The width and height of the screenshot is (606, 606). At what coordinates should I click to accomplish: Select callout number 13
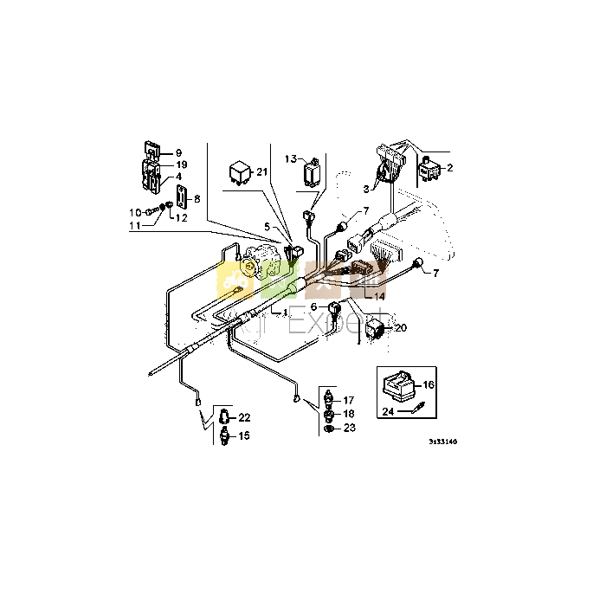(290, 158)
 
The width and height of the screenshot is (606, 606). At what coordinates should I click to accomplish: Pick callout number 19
(181, 164)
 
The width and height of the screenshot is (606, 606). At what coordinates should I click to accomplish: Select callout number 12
(180, 216)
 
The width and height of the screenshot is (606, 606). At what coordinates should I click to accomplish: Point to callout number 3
(366, 187)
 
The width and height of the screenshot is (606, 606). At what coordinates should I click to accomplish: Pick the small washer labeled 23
(329, 428)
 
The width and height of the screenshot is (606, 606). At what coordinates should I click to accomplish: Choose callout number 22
(244, 417)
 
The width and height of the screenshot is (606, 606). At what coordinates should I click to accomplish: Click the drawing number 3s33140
(442, 442)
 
